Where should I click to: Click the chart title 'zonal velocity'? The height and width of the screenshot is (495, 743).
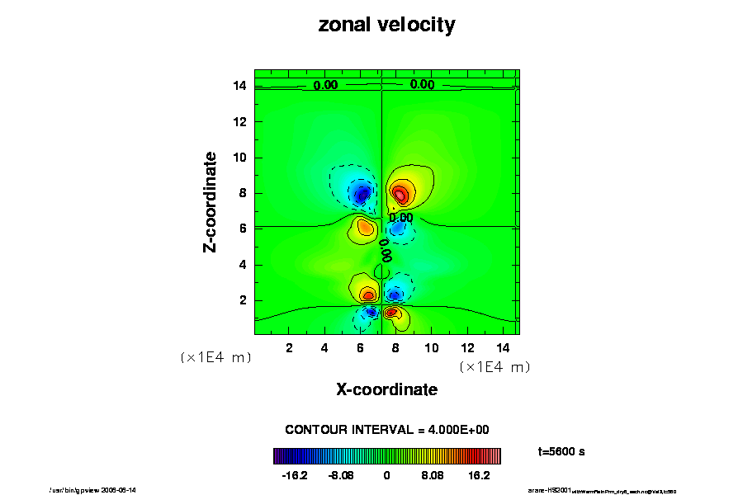386,25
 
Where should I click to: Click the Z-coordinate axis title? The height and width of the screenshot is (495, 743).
211,201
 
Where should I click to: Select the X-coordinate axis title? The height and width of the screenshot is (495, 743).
386,389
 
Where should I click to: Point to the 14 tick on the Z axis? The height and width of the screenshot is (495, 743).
240,86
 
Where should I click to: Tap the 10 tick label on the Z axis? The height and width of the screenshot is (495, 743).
240,158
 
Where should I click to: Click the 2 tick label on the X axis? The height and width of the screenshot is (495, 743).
289,348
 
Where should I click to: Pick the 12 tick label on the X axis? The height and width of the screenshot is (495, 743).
467,348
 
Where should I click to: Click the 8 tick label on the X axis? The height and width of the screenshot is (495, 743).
396,348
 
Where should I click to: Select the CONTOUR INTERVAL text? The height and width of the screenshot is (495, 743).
387,430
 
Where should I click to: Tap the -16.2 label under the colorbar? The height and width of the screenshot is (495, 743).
294,476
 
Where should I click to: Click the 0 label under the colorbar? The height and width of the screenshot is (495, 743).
386,476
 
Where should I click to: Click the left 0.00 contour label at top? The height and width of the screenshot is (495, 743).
325,85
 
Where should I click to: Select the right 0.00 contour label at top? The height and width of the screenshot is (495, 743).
422,84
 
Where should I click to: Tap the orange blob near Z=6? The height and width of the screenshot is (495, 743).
363,226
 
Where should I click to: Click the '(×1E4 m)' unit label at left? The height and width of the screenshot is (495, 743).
215,358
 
